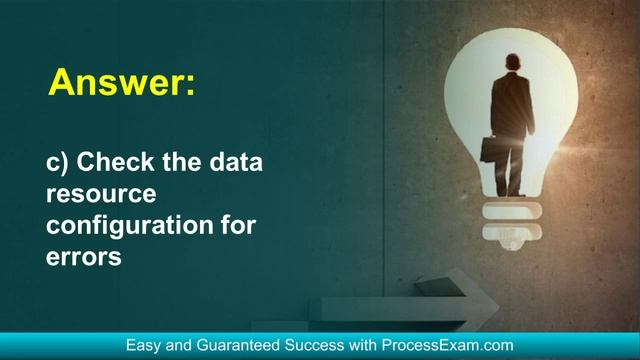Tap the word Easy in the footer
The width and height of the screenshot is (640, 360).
pyautogui.click(x=144, y=345)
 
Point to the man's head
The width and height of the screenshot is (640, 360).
pyautogui.click(x=511, y=61)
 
